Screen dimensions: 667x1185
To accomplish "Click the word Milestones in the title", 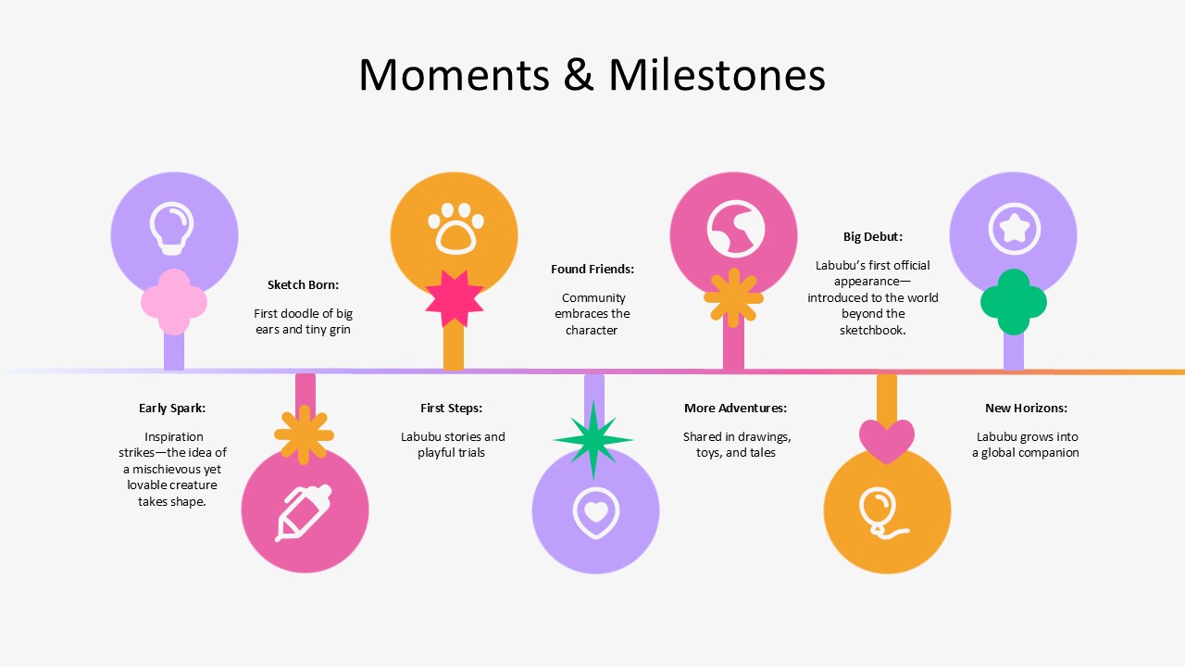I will pos(717,75).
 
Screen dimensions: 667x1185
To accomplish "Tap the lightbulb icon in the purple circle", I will pos(173,227).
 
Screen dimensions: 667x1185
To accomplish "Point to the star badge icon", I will pos(1014,228).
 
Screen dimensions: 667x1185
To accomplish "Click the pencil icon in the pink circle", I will pos(304,511).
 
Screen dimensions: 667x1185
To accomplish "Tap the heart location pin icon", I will pos(596,512).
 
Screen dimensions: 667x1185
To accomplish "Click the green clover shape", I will pos(1014,302).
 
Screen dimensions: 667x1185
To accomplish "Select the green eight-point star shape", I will pos(593,440).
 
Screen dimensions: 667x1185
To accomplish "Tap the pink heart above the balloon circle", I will pos(887,439).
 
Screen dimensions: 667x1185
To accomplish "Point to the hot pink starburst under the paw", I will pos(455,298).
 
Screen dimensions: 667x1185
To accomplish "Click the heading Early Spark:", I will pos(172,408).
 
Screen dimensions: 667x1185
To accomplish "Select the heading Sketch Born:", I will pos(303,284).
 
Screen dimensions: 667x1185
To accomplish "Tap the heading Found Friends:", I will pos(592,269).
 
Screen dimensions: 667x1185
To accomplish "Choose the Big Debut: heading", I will pos(872,236).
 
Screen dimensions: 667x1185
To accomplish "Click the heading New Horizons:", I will pos(1026,408).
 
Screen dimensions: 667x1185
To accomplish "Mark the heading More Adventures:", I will pos(735,408).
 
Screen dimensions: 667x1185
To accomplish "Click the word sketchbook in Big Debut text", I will pos(872,330).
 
